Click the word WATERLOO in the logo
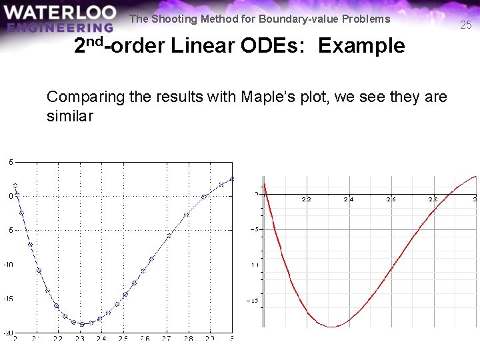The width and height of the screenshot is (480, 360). tap(60, 13)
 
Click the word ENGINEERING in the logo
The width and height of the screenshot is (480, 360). tap(61, 28)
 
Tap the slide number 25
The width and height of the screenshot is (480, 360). tap(466, 25)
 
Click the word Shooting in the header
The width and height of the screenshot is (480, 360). tap(172, 19)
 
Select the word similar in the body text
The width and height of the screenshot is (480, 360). tap(70, 117)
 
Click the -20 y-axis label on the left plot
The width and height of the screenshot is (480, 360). tap(8, 333)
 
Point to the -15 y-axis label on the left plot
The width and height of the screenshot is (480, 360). tap(8, 299)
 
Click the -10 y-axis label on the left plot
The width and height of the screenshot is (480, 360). tap(8, 264)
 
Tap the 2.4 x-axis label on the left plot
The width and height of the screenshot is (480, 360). tap(101, 339)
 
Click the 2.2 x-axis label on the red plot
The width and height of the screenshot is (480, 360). tap(306, 199)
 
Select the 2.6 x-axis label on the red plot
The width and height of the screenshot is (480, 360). tap(391, 199)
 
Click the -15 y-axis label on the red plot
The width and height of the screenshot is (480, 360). tap(254, 301)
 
